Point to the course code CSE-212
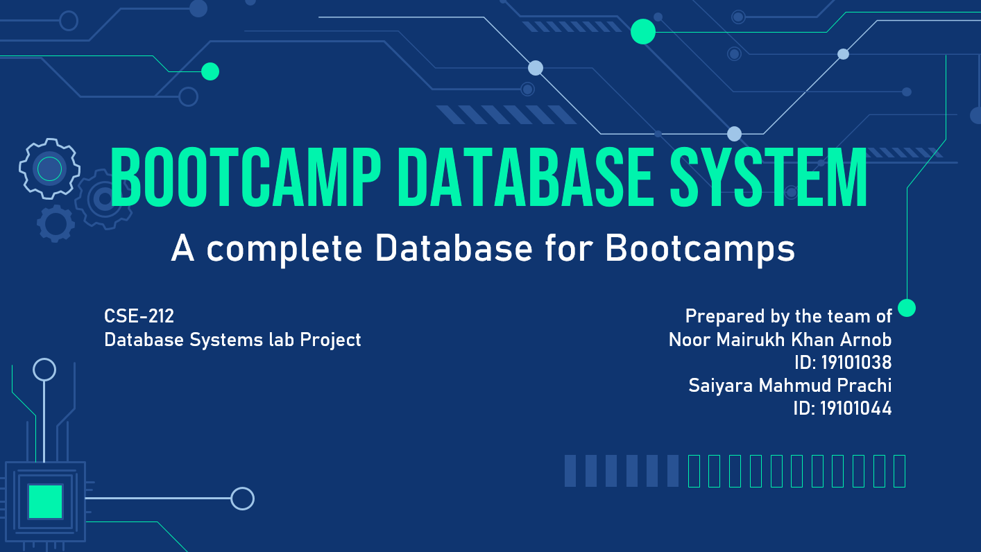(139, 316)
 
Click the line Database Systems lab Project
(232, 340)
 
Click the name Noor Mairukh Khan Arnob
(780, 340)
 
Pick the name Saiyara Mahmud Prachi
(790, 386)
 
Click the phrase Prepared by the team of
(788, 316)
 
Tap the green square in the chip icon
(45, 501)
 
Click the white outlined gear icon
(49, 168)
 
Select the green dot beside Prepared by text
(907, 308)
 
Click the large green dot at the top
(643, 31)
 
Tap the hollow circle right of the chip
(242, 498)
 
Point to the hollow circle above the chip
(44, 370)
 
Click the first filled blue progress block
(570, 471)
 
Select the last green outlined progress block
(899, 471)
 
